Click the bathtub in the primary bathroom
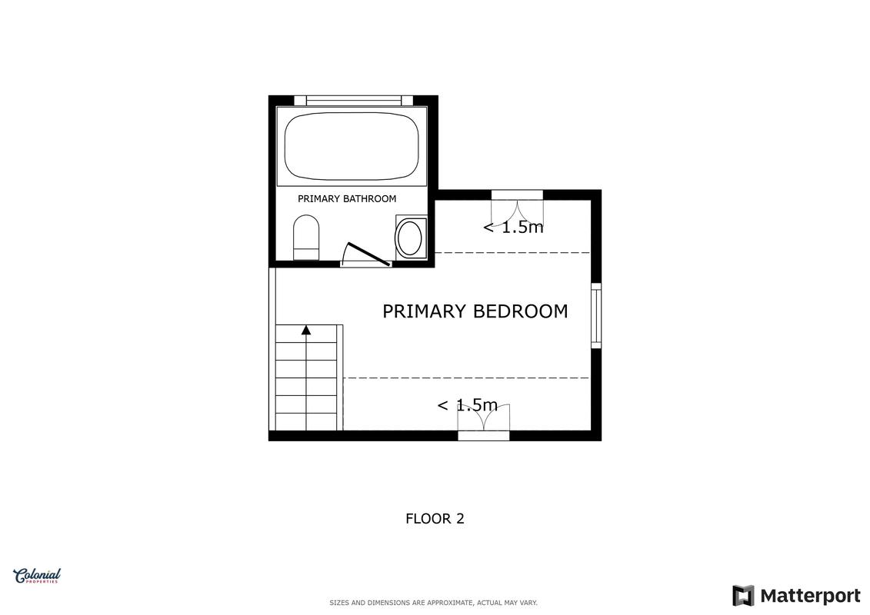(x=352, y=146)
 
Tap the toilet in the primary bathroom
(x=305, y=238)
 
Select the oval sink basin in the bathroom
(x=411, y=238)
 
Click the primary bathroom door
(x=366, y=254)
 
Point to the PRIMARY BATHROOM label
(x=347, y=198)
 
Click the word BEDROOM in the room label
(x=521, y=311)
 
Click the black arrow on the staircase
(x=306, y=330)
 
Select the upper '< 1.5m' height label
(x=513, y=227)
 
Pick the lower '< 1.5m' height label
(x=467, y=405)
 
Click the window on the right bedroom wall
(x=596, y=315)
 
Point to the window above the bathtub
(x=353, y=101)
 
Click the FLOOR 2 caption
(x=435, y=518)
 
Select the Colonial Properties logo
(x=37, y=577)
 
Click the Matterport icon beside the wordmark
(x=744, y=596)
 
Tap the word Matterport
(x=810, y=596)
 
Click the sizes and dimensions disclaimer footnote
(x=433, y=603)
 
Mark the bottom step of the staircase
(x=306, y=421)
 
